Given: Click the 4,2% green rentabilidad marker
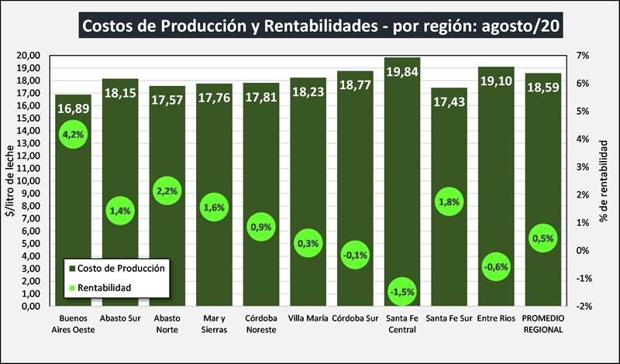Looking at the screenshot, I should [x=73, y=134].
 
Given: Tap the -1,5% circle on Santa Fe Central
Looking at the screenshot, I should [x=402, y=292].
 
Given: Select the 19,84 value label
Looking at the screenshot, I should [x=402, y=73].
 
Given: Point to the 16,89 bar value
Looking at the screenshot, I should [x=73, y=108].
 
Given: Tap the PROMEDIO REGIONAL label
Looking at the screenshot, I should [x=543, y=324].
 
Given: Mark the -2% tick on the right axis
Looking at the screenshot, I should [x=583, y=306].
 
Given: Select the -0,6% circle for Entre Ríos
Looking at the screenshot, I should [x=496, y=267].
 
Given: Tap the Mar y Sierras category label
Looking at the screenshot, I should [x=214, y=324].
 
